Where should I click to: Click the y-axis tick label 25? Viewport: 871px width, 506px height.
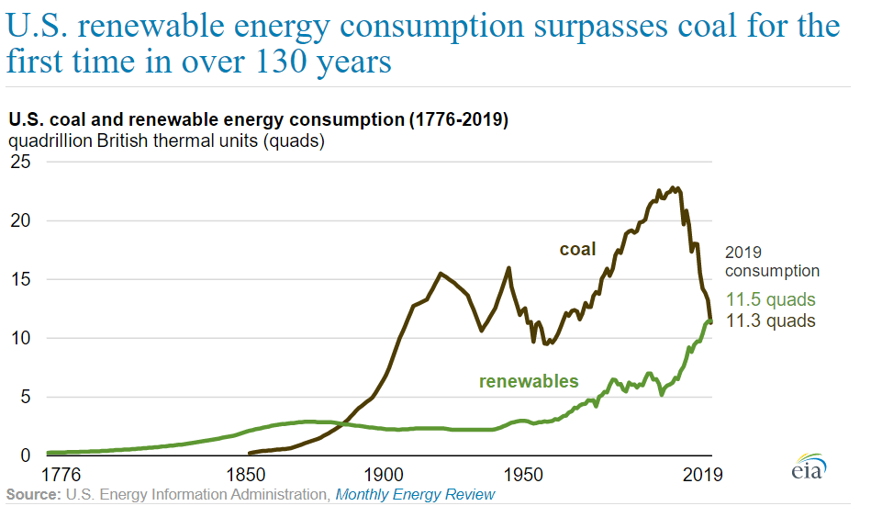coord(19,163)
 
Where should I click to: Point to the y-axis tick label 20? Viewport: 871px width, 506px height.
coord(19,221)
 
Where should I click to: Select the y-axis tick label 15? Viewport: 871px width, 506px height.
coord(19,280)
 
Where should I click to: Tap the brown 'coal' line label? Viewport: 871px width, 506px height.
coord(578,249)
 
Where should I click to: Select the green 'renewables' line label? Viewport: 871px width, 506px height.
coord(529,381)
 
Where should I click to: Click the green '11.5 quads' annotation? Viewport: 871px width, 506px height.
coord(771,300)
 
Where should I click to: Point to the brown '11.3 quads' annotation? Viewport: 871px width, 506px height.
coord(771,320)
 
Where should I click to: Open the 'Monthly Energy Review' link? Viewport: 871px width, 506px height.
coord(415,495)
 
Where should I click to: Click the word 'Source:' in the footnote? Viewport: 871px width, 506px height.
coord(31,495)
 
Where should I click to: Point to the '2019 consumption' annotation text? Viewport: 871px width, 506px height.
coord(772,261)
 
